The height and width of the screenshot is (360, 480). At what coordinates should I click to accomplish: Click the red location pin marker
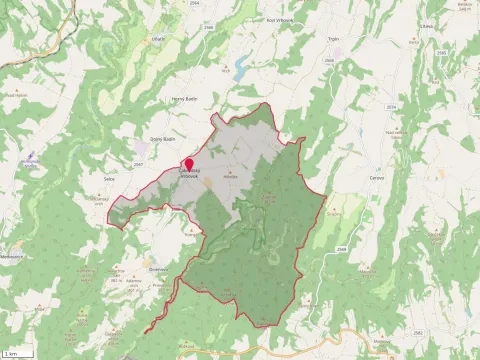188,164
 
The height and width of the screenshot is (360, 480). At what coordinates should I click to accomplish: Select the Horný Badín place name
187,102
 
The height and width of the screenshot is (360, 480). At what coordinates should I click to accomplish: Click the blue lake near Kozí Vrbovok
239,70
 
